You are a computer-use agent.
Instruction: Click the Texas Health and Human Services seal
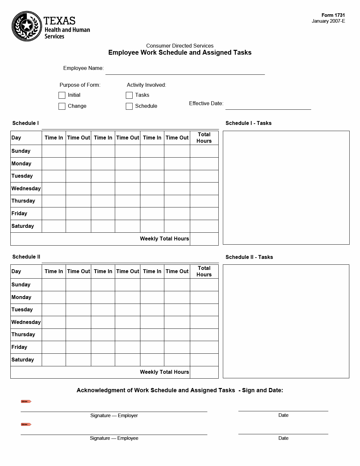27,26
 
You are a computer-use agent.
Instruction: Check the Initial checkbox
62,95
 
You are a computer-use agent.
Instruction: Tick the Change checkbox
62,106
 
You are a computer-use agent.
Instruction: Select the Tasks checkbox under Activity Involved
129,95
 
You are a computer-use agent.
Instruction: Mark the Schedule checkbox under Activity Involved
129,106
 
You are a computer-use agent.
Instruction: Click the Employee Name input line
185,71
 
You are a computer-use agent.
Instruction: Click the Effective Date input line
268,106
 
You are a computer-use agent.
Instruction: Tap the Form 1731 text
333,15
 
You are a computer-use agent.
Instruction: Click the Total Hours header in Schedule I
204,138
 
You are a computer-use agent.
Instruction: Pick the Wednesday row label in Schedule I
26,189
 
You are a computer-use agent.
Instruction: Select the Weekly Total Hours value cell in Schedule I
204,239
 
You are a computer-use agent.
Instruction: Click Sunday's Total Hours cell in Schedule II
204,285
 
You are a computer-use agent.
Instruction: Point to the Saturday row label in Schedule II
23,360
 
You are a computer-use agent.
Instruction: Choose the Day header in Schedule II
16,272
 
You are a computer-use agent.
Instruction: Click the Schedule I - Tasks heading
248,123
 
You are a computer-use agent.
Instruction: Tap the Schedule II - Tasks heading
249,257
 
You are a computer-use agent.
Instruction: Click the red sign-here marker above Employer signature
26,402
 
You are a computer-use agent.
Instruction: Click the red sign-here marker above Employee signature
26,425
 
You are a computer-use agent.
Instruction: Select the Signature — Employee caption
114,438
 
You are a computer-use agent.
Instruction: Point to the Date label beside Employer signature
283,415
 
